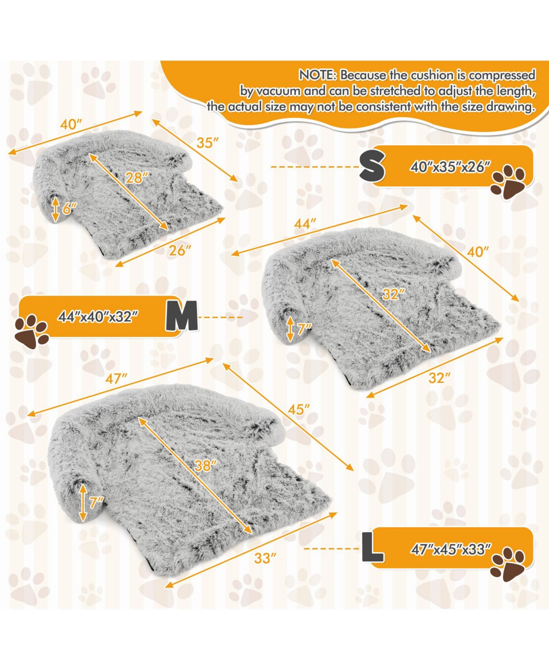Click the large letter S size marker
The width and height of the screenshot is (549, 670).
click(x=372, y=166)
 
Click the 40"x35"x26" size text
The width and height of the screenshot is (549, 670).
click(x=450, y=167)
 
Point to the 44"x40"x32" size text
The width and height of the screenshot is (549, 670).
click(x=98, y=317)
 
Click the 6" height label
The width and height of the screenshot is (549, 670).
click(x=70, y=208)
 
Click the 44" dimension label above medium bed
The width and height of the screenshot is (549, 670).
click(x=305, y=224)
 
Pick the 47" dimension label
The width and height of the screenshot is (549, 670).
click(x=116, y=379)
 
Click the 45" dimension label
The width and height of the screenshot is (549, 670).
click(x=299, y=410)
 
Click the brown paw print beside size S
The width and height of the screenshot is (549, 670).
click(x=508, y=183)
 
